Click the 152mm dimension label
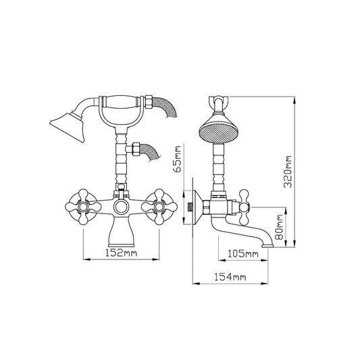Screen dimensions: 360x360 [x=121, y=253]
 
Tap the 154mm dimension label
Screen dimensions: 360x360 [x=230, y=277]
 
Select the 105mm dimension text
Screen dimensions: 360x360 [x=243, y=254]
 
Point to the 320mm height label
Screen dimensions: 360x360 [x=288, y=172]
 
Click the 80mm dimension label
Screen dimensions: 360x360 [x=280, y=227]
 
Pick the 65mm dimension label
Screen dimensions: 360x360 [x=177, y=159]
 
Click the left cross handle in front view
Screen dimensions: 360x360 [x=83, y=207]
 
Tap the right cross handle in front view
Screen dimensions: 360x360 [x=159, y=207]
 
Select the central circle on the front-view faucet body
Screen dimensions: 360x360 [x=121, y=207]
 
